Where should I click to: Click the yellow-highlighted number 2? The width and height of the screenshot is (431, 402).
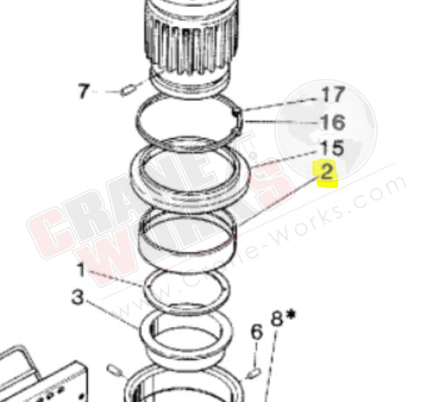[327, 173]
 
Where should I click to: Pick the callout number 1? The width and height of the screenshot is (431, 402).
[80, 271]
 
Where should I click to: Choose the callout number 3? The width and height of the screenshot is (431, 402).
[79, 298]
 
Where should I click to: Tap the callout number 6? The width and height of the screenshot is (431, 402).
[256, 332]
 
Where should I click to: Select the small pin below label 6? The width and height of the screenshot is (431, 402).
[253, 372]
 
